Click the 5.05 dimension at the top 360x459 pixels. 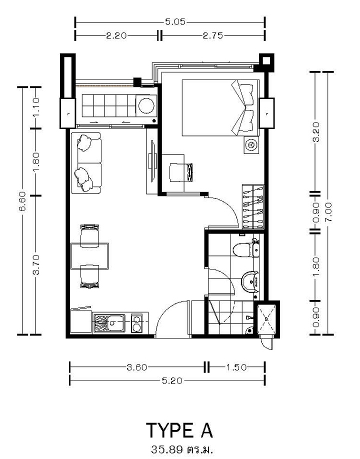[175, 22]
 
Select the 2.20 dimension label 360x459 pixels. [116, 35]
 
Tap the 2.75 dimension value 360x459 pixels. [213, 35]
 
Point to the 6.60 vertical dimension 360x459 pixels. [23, 201]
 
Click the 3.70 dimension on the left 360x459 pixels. [35, 265]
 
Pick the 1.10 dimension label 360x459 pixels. [35, 107]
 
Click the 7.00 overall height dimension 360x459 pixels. [328, 211]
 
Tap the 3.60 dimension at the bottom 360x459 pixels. [137, 367]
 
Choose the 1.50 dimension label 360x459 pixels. [236, 367]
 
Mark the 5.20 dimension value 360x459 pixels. [172, 380]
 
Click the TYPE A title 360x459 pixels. [179, 430]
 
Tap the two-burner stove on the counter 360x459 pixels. [137, 323]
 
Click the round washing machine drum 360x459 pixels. [146, 105]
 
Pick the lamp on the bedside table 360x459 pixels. [251, 145]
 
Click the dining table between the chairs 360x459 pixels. [89, 256]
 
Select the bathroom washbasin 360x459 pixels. [249, 281]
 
